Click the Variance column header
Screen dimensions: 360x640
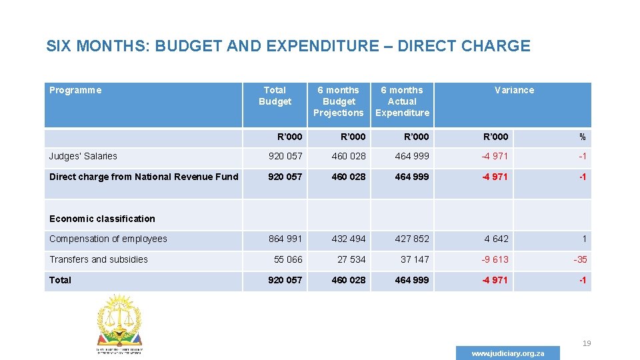click(514, 90)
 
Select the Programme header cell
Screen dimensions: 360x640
click(75, 90)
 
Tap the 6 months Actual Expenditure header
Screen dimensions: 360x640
click(402, 101)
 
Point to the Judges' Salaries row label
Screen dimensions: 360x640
click(83, 156)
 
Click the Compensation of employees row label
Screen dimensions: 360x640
click(108, 239)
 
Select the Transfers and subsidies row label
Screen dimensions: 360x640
click(99, 259)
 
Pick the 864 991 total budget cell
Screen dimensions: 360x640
click(285, 239)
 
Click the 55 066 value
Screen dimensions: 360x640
click(288, 259)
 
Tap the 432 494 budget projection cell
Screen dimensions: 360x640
click(349, 239)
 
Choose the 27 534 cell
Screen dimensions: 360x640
click(351, 259)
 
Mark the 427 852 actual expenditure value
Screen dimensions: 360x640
click(412, 239)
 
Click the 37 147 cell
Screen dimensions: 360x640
click(415, 259)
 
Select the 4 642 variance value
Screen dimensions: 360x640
click(496, 239)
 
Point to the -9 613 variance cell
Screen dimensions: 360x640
click(495, 259)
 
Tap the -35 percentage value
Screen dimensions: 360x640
click(580, 259)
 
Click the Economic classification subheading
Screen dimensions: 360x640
click(102, 219)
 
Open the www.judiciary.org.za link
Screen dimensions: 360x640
click(508, 353)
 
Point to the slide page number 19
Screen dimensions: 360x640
click(587, 343)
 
